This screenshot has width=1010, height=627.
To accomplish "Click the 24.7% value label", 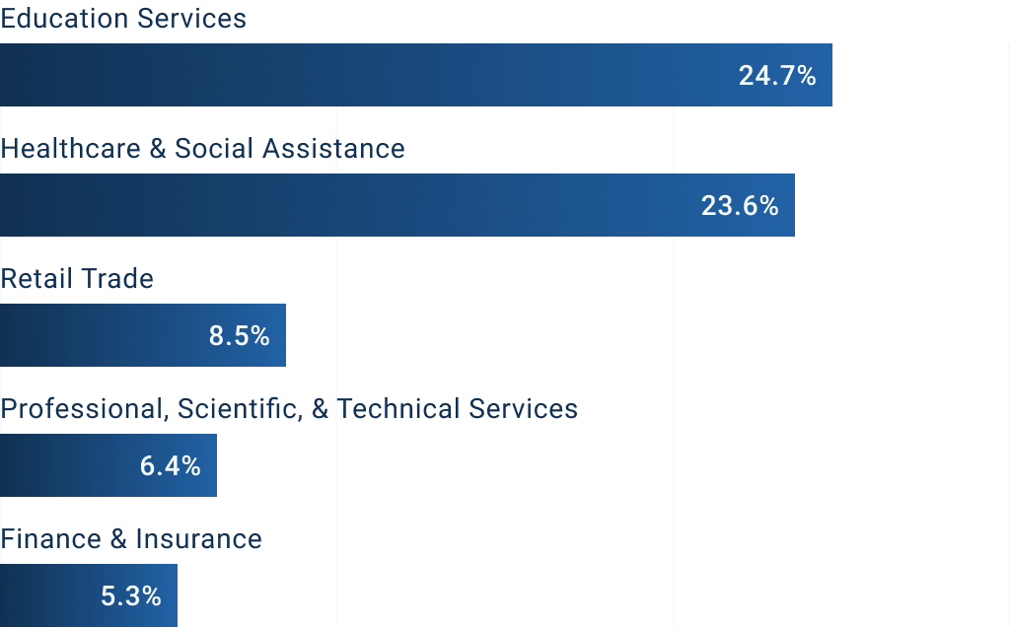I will tap(777, 76).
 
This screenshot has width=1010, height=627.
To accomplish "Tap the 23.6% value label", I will tap(740, 206).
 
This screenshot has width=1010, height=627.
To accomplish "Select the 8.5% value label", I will tap(239, 336).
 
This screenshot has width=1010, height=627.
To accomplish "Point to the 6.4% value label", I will tap(171, 466).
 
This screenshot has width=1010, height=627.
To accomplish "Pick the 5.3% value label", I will tap(131, 596).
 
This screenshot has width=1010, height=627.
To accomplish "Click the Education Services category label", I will tap(123, 19).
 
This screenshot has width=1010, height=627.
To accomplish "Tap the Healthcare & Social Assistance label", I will tap(202, 149).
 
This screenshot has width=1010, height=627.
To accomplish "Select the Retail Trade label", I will tap(77, 279).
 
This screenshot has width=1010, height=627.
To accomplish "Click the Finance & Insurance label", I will tap(131, 539).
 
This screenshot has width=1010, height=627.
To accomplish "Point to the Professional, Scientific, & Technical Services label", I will tap(289, 409).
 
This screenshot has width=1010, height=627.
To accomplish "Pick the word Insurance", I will tap(198, 539).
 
